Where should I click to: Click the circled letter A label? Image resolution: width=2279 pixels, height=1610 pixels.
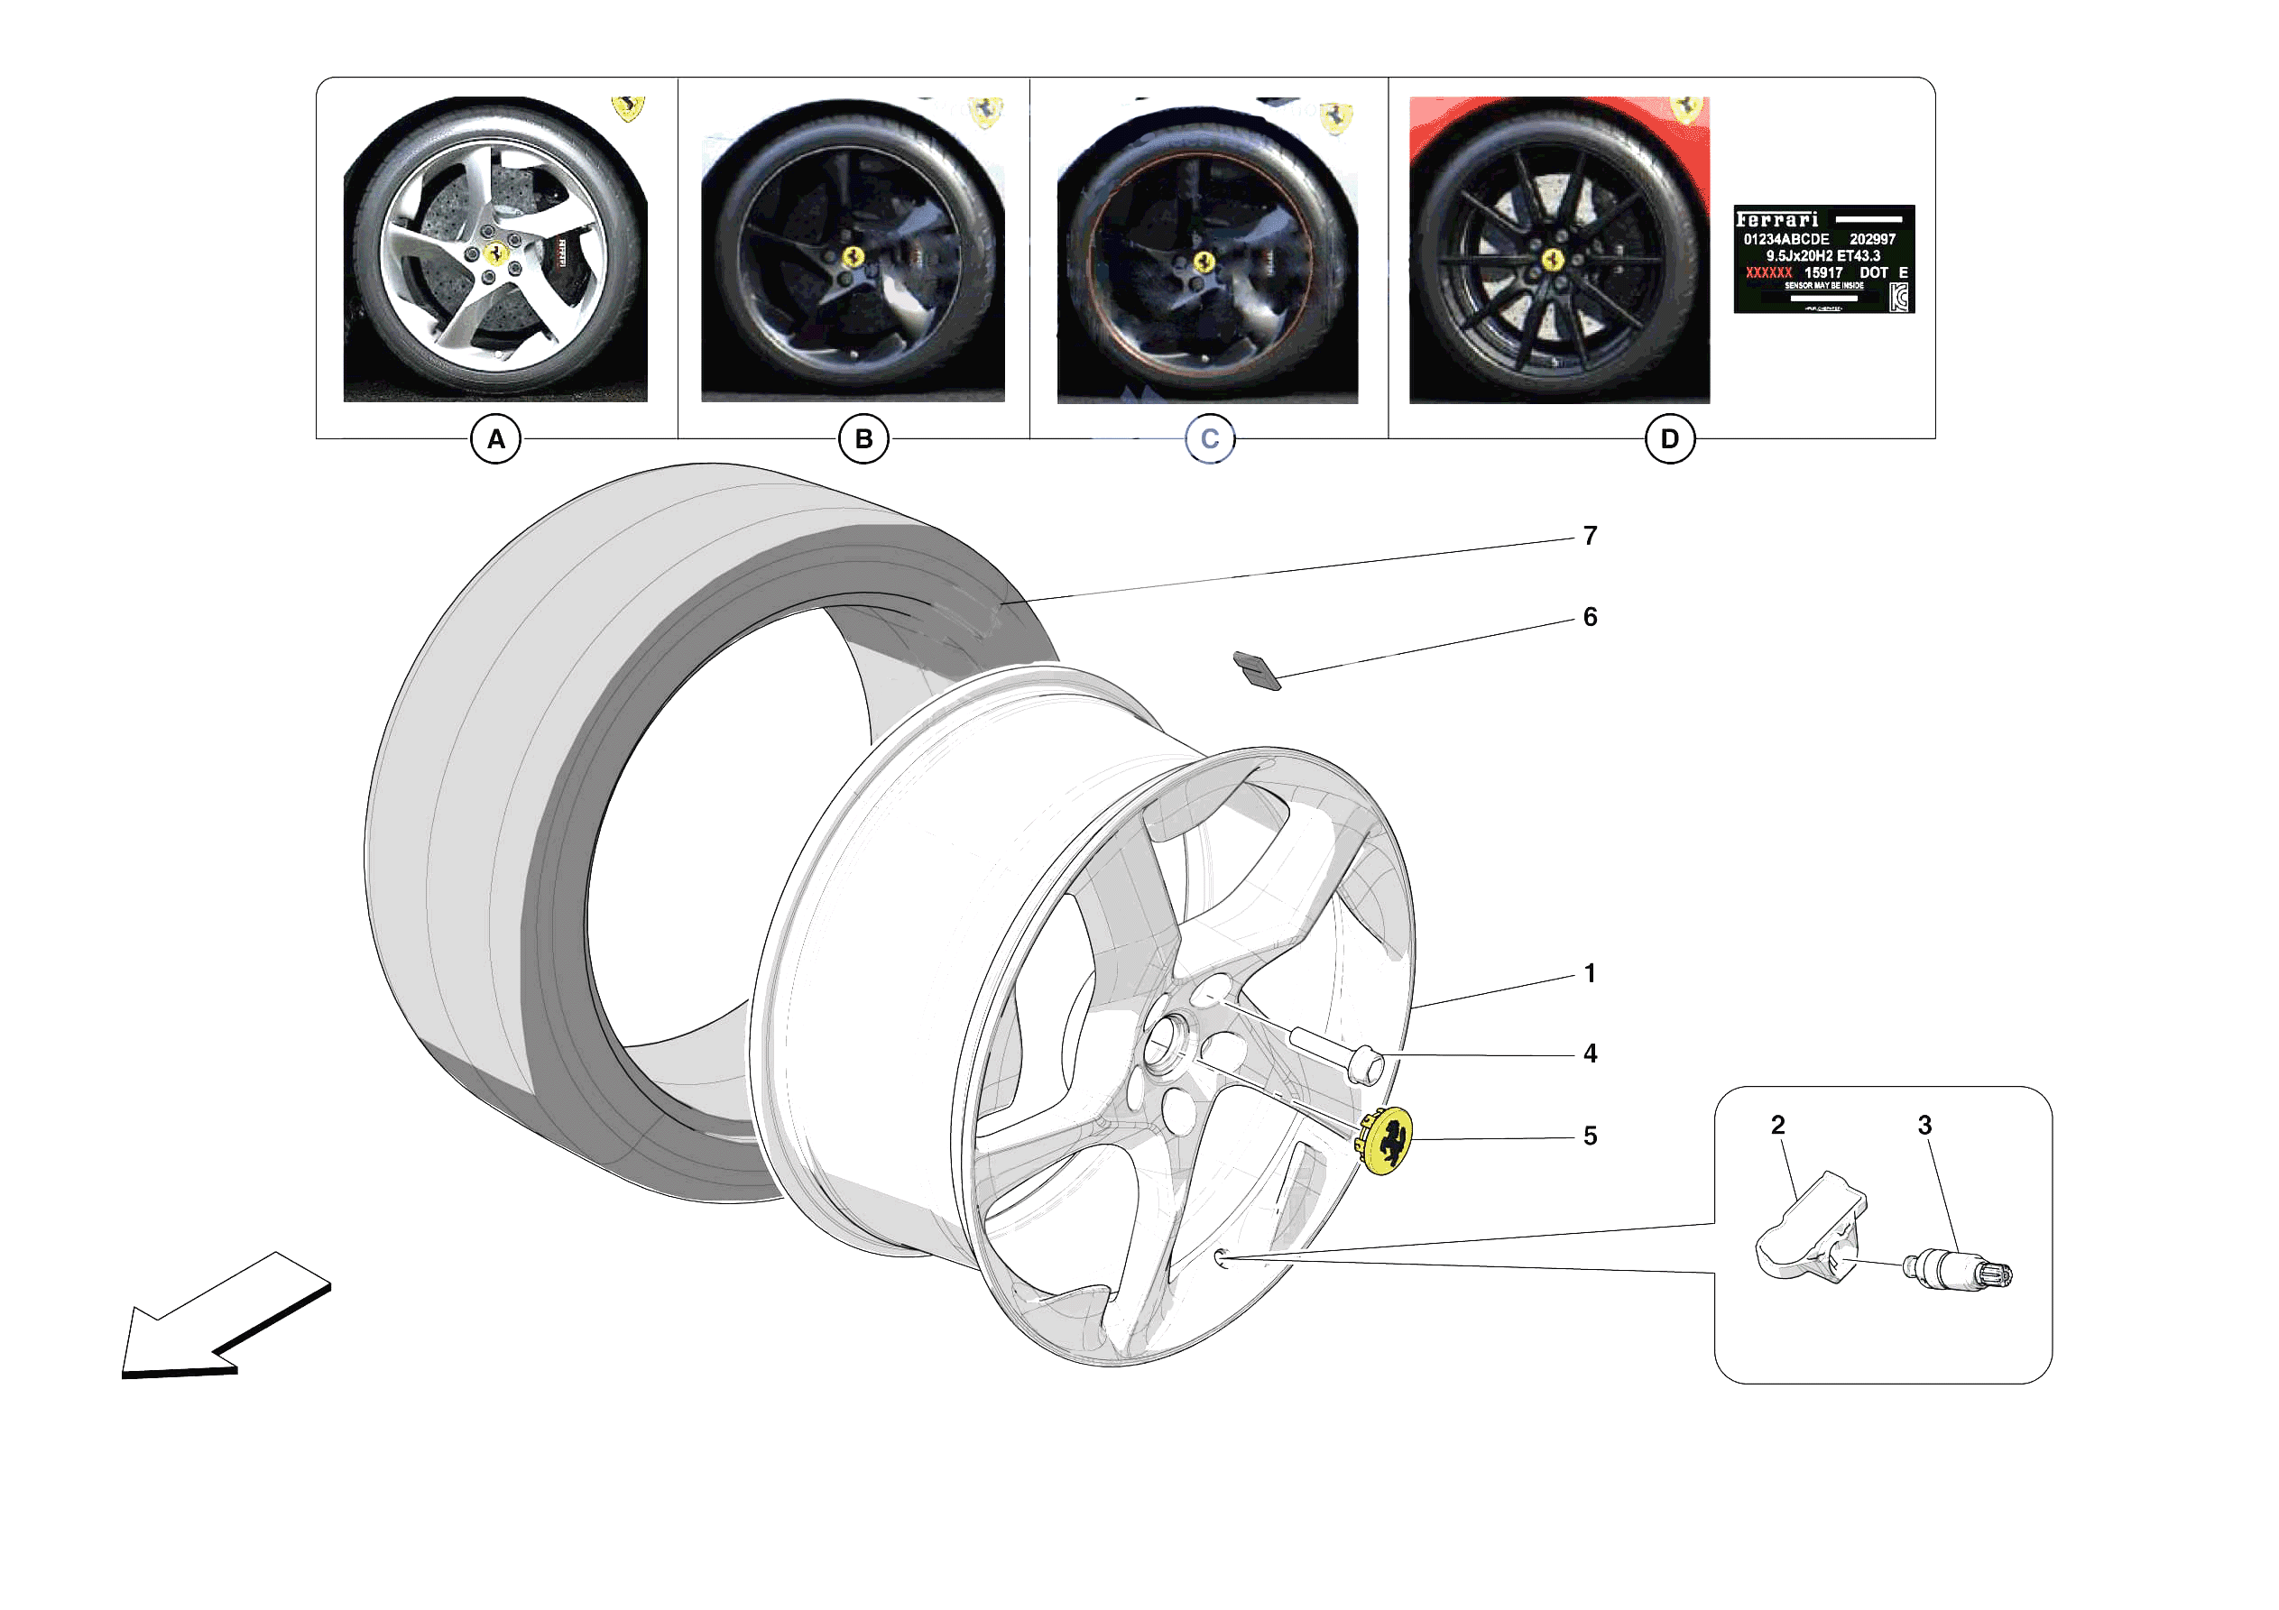495,438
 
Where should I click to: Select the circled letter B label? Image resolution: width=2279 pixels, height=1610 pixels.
863,438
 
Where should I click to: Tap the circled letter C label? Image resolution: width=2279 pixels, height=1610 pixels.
1209,438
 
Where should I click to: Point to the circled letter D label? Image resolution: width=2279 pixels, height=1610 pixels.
1669,438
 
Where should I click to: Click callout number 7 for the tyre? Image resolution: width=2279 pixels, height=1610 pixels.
1589,536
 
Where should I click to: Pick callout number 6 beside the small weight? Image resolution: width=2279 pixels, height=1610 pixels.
1589,618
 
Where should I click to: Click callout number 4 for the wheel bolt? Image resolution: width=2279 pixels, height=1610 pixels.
1589,1053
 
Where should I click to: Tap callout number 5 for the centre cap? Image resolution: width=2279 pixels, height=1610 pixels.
1589,1136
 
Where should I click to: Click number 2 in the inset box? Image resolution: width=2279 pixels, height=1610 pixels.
1776,1125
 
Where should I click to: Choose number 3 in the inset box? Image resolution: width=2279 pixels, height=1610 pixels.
1924,1125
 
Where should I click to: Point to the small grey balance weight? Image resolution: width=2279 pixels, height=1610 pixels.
1257,670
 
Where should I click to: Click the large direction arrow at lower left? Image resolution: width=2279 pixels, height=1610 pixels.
218,1320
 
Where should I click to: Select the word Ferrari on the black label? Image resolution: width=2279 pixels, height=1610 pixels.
1776,219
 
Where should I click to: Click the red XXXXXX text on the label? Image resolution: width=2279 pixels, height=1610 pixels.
1767,273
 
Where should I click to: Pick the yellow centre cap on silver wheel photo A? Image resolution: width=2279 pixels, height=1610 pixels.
495,255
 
